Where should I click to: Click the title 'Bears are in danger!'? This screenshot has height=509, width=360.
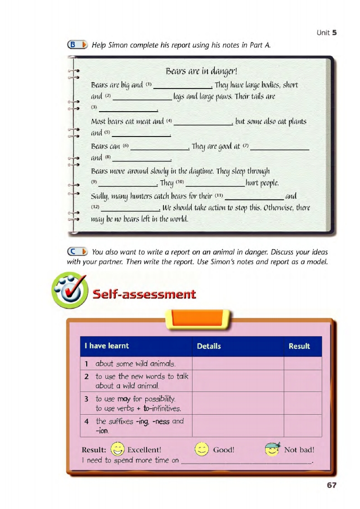coord(202,71)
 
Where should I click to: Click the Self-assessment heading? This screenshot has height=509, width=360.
coord(144,294)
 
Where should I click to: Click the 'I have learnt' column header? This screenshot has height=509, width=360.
coord(107,346)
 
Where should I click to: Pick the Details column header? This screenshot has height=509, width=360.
coord(209,346)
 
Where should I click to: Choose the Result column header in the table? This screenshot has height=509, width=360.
coord(299,346)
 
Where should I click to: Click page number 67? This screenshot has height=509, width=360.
coord(331,485)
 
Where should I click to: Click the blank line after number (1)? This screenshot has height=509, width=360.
coord(184,87)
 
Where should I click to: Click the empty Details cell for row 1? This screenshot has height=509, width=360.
coord(238,363)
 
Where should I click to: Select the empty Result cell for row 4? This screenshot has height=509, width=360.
coord(303,426)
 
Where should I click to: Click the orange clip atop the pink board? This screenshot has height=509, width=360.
coord(200,317)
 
